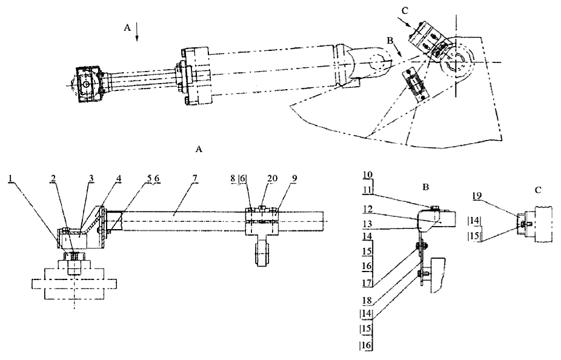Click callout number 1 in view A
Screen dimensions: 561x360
tap(11, 178)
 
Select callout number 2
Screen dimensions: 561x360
tap(53, 178)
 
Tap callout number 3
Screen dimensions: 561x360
tap(91, 178)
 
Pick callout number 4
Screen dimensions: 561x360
tap(118, 178)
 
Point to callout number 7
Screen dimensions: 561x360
tap(194, 178)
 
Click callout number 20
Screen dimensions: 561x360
tap(272, 178)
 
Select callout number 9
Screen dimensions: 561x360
tap(294, 178)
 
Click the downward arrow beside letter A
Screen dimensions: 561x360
tap(137, 32)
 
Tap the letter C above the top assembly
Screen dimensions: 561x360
tap(405, 11)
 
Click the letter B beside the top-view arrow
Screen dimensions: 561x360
tap(390, 41)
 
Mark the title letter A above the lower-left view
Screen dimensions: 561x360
tap(199, 149)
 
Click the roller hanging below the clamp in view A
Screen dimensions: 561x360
tap(262, 253)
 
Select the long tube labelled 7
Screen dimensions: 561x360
tap(222, 221)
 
